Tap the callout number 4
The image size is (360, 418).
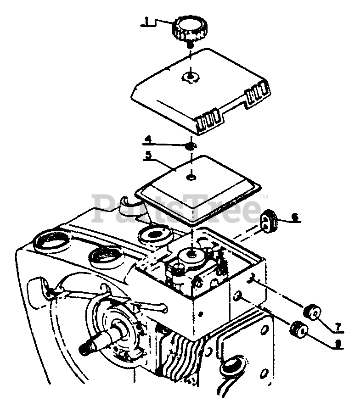point(147,138)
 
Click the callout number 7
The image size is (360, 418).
point(338,325)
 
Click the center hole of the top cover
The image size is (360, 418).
point(190,77)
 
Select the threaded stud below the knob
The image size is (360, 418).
point(189,45)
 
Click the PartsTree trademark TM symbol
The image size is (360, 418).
point(264,197)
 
